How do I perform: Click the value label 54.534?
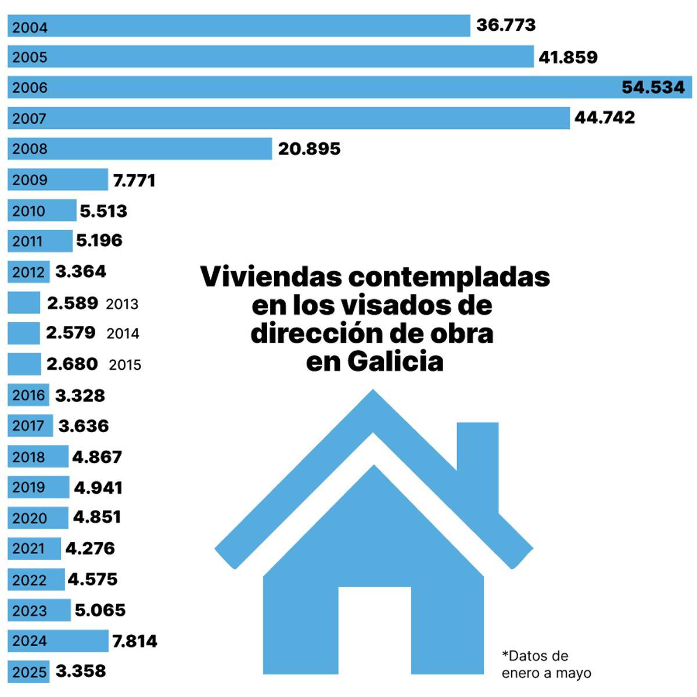pyautogui.click(x=653, y=87)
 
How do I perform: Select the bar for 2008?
pyautogui.click(x=139, y=149)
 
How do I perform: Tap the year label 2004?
pyautogui.click(x=30, y=27)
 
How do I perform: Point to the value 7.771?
pyautogui.click(x=134, y=180)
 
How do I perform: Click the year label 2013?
pyautogui.click(x=122, y=304)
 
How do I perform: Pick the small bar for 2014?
pyautogui.click(x=24, y=333)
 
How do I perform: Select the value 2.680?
pyautogui.click(x=72, y=364)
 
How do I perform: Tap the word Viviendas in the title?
pyautogui.click(x=271, y=276)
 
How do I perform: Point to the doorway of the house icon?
pyautogui.click(x=374, y=630)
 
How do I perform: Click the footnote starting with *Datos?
pyautogui.click(x=546, y=664)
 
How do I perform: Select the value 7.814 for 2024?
pyautogui.click(x=134, y=641)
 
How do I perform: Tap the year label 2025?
pyautogui.click(x=29, y=672)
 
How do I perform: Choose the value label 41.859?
pyautogui.click(x=567, y=57)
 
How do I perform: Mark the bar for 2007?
pyautogui.click(x=290, y=118)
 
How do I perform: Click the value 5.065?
pyautogui.click(x=100, y=610)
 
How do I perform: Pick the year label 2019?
pyautogui.click(x=28, y=487)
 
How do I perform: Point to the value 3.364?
pyautogui.click(x=81, y=271)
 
